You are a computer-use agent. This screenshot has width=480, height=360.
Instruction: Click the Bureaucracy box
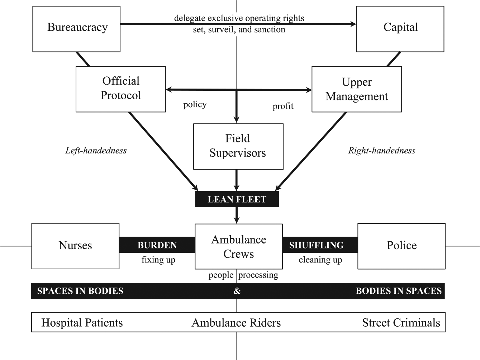click(x=76, y=29)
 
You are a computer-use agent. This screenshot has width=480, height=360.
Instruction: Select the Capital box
click(x=400, y=29)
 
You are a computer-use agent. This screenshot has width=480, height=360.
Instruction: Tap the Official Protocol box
click(x=121, y=89)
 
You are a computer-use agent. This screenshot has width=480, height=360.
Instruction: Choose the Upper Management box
click(x=357, y=89)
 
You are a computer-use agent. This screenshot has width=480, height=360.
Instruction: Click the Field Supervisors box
click(x=238, y=147)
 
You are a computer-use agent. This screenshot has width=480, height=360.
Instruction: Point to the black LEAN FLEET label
click(x=237, y=199)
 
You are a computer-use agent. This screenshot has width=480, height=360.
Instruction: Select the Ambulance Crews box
click(x=239, y=246)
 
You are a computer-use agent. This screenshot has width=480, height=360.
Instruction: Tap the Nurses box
click(x=75, y=246)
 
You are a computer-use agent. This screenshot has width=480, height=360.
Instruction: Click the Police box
click(x=401, y=246)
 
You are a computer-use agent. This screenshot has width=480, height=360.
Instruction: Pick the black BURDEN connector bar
click(x=157, y=245)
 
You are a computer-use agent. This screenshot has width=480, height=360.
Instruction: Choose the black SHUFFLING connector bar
click(x=320, y=245)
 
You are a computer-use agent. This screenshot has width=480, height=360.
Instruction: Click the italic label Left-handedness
click(x=96, y=151)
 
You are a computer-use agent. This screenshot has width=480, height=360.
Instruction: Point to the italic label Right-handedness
click(x=381, y=151)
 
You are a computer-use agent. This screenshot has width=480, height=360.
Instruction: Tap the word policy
click(x=195, y=105)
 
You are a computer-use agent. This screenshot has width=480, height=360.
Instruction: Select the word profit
click(x=283, y=106)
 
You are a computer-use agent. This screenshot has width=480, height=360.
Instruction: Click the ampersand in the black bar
click(x=237, y=291)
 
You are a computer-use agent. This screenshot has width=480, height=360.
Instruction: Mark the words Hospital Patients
click(x=82, y=323)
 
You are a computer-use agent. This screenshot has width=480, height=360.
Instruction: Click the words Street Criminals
click(x=401, y=323)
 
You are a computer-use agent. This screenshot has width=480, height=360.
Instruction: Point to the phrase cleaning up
click(x=320, y=260)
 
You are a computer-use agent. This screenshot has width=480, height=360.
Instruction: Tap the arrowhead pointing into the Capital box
click(x=353, y=24)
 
